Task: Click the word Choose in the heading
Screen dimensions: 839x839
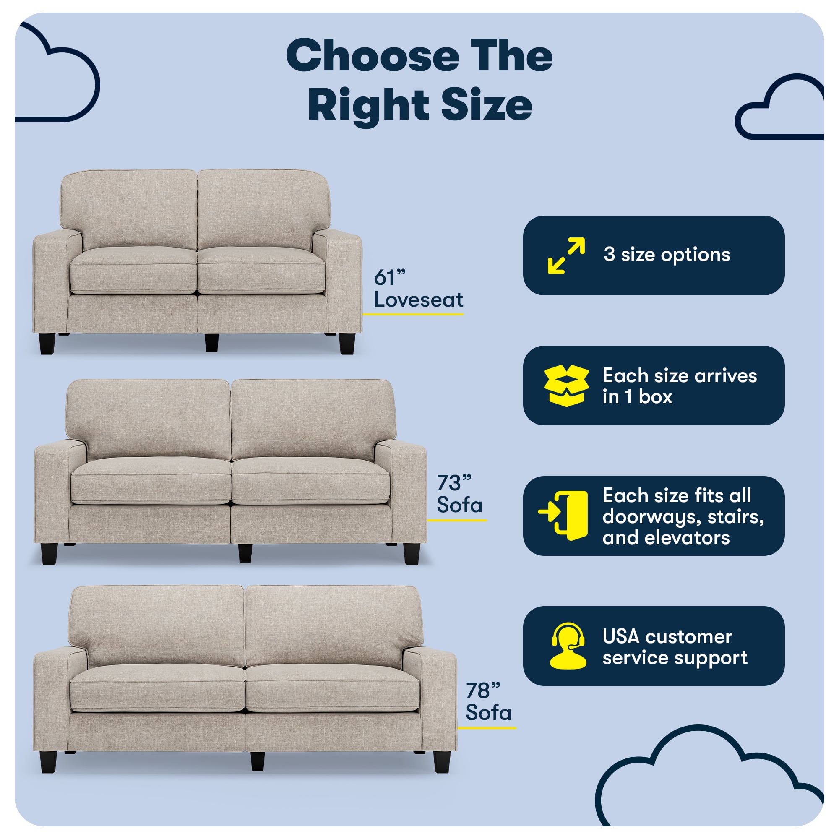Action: coord(372,56)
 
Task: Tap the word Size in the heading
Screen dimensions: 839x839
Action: coord(486,105)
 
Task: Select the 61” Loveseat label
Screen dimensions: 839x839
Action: coord(419,289)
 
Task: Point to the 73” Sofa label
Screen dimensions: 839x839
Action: coord(459,494)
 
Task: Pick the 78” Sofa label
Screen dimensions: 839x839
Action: coord(489,702)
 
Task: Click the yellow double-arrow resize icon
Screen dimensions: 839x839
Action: coord(566,255)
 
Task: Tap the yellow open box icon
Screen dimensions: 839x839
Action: coord(566,386)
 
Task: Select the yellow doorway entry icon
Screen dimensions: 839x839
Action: coord(563,516)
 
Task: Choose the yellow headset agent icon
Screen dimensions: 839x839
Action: coord(568,646)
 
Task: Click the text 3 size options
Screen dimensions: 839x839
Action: coord(667,255)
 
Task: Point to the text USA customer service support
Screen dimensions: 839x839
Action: coord(675,647)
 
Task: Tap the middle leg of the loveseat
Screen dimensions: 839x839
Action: coord(211,343)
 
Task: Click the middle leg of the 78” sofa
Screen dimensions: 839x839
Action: coord(258,761)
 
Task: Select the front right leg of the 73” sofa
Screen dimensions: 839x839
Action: coord(411,554)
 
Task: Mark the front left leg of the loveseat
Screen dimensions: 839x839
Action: coord(47,344)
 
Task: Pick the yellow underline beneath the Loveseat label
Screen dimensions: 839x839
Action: coord(413,314)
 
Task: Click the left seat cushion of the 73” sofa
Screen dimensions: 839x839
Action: coord(151,481)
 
